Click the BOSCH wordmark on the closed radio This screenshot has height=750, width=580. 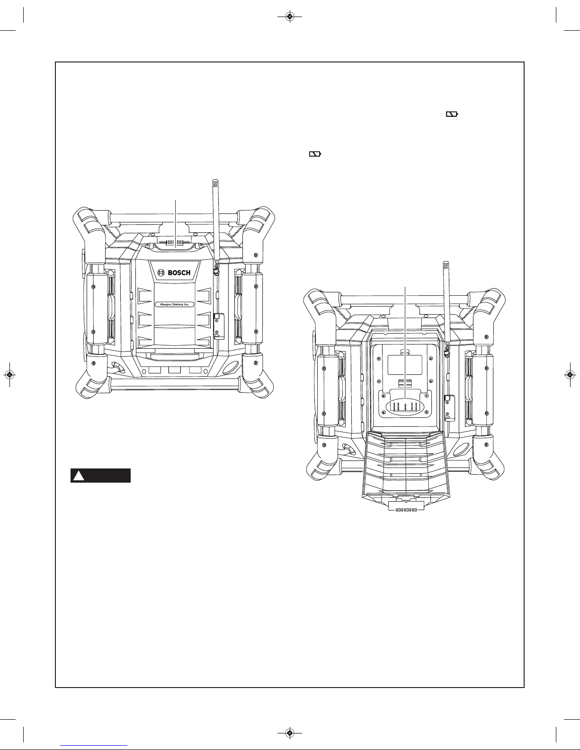coord(179,273)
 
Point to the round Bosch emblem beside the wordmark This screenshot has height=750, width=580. coord(161,273)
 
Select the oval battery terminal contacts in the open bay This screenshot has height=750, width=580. coord(406,407)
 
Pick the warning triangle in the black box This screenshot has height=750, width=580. coord(79,476)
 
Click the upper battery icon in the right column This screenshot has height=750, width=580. coord(452,115)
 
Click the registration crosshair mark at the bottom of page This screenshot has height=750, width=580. coord(290,733)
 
